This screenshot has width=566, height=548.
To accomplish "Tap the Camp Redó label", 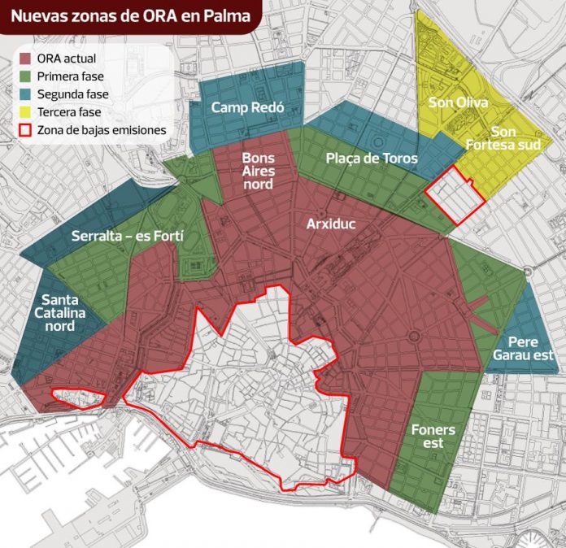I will [242, 107].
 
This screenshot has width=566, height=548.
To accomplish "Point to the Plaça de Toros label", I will [372, 159].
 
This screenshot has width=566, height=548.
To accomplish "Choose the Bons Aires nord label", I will [258, 171].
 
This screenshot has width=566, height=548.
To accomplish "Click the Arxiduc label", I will [330, 222].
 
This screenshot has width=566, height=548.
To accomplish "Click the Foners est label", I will [433, 436].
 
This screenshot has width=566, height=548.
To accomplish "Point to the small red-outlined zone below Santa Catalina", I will [79, 398].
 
